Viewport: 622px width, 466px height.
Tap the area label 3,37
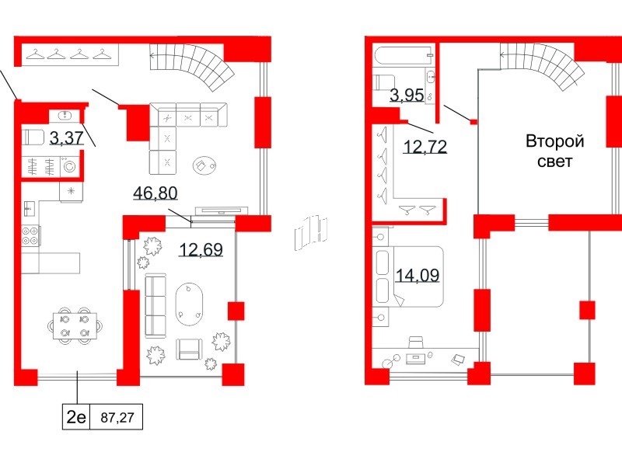[66, 139]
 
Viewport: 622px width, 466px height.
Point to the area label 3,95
[407, 96]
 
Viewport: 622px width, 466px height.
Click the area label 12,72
[425, 145]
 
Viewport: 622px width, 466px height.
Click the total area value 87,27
[117, 417]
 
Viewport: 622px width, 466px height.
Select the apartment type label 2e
[76, 417]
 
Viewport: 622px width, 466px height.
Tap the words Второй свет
[554, 151]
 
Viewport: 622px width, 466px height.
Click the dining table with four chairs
[75, 325]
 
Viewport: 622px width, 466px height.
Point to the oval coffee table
[191, 302]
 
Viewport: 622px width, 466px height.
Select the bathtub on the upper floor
[403, 57]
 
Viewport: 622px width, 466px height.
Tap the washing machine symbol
[69, 165]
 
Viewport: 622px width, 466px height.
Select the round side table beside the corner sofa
[204, 164]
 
